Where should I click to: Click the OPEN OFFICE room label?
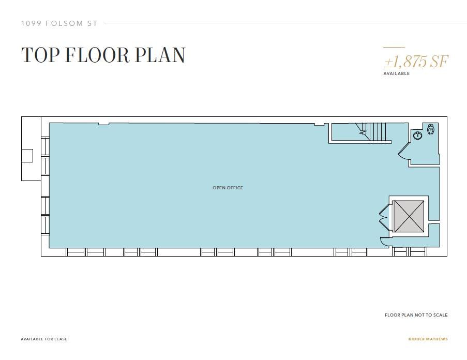pos(228,188)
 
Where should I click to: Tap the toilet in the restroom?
pos(430,129)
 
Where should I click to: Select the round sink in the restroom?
pos(418,136)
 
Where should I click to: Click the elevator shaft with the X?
pos(409,216)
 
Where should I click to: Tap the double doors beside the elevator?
pos(384,217)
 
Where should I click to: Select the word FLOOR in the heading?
pos(97,55)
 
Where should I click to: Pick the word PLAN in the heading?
pos(160,55)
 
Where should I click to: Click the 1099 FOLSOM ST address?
pos(59,23)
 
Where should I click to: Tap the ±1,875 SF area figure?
pos(416,62)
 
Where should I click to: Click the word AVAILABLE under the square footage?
pos(397,73)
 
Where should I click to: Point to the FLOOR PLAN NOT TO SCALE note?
pos(416,314)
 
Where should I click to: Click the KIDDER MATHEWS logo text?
pos(428,339)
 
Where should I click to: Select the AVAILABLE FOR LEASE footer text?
pos(44,339)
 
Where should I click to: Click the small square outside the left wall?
pos(27,156)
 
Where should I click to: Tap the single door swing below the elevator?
pos(384,242)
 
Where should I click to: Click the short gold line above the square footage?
pos(394,47)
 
